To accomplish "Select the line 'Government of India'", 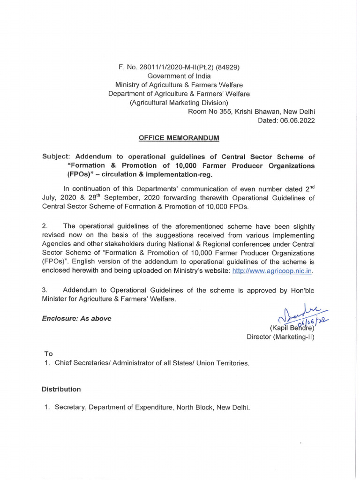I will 179,76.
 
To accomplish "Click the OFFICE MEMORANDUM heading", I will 179,138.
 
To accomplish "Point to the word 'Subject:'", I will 56,157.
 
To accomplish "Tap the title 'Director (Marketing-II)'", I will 280,337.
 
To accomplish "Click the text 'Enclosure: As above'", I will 76,319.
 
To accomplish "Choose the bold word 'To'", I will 48,353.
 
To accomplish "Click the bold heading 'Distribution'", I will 61,390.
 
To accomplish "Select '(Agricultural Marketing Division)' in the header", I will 179,103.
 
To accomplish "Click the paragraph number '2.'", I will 45,226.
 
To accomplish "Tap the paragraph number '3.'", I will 45,290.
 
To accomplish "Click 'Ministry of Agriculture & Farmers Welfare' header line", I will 179,85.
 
